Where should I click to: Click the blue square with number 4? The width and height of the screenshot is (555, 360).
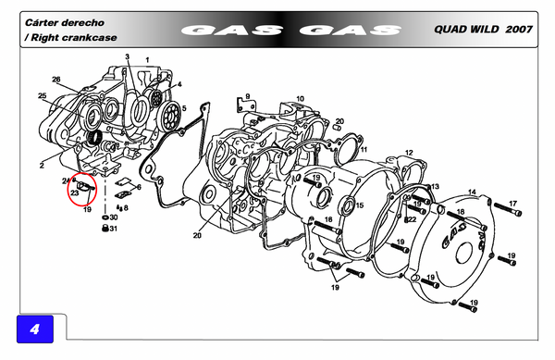tap(35, 329)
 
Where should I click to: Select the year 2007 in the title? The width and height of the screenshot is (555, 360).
tap(519, 29)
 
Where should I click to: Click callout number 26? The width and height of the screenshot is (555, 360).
tap(56, 80)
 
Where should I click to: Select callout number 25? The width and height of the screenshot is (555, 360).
tap(43, 95)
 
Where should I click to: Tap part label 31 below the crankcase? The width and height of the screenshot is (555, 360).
tap(113, 229)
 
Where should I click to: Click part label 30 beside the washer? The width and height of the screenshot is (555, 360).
tap(114, 217)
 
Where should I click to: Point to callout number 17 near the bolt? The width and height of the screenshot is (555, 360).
tap(512, 204)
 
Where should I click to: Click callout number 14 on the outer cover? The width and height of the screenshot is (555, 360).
tap(472, 192)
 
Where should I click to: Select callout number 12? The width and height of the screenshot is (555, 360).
tap(409, 153)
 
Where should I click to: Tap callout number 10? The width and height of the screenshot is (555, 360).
tap(300, 99)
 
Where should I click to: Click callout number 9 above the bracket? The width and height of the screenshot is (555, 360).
tap(247, 96)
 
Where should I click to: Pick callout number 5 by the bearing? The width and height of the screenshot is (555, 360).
tap(184, 108)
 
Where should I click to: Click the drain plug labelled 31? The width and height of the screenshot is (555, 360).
tap(105, 229)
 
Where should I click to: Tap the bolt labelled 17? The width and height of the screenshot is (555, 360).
tap(508, 209)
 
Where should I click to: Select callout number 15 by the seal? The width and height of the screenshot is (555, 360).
tap(360, 205)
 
